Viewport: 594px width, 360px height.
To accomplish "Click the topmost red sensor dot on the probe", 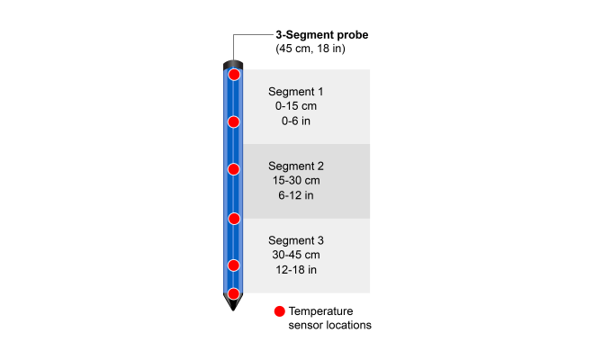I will click(234, 75).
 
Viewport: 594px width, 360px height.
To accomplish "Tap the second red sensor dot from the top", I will click(234, 121).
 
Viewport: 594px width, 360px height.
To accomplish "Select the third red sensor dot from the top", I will click(234, 169).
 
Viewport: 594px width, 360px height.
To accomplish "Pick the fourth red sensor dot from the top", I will click(234, 218).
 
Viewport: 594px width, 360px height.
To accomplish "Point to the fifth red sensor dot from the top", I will click(234, 265).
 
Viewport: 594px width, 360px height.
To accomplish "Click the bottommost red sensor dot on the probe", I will click(234, 293).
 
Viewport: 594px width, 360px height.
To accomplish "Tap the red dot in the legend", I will click(279, 311).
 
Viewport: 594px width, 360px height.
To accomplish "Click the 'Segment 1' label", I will click(296, 92).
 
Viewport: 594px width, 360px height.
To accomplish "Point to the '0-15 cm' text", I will click(296, 106).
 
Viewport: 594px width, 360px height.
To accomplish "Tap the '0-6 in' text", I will click(296, 121).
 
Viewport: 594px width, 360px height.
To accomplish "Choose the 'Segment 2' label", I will click(296, 166).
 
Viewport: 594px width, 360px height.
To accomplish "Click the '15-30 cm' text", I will click(296, 181).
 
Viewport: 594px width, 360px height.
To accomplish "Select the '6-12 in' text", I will click(296, 195).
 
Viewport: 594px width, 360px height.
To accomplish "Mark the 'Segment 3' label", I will click(296, 241).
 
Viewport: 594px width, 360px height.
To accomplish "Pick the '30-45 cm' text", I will click(296, 256).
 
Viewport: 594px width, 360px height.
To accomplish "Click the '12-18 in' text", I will click(296, 270).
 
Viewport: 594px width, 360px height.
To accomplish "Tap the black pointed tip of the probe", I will click(234, 306).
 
